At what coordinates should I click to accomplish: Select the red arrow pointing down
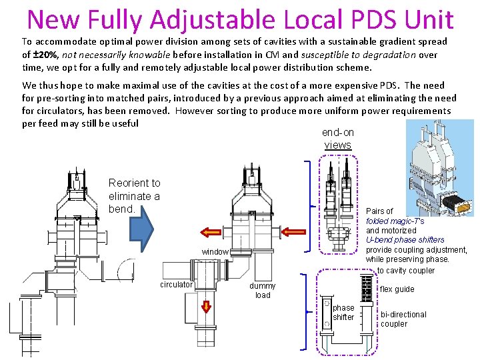click(206, 307)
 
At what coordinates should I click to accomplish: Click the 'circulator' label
click(177, 285)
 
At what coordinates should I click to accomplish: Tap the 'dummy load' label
click(263, 290)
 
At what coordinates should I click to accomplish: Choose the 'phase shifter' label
click(343, 313)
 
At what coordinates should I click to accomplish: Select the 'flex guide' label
click(397, 289)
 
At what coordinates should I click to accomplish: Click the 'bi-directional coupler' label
click(403, 319)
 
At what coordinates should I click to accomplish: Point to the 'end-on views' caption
click(337, 139)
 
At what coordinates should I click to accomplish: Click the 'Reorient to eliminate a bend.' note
click(134, 196)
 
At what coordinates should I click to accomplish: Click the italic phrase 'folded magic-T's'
click(395, 221)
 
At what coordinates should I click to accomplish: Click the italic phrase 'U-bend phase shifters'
click(405, 239)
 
